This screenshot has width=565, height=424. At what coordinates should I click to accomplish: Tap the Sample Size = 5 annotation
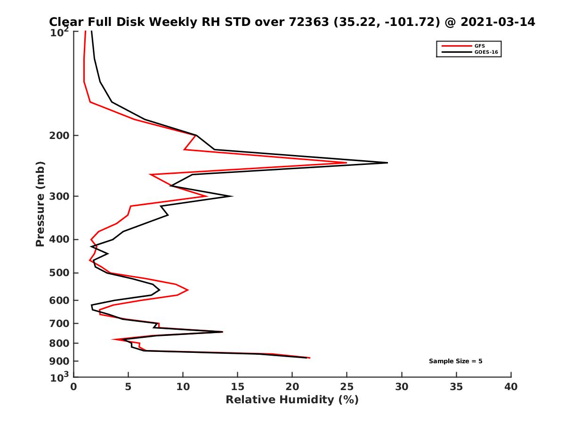[455, 361]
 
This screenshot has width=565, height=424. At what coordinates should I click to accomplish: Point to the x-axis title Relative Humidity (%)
[292, 400]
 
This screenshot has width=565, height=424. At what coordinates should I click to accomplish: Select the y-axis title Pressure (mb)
[40, 204]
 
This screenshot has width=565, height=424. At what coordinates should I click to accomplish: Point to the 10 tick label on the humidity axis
[183, 387]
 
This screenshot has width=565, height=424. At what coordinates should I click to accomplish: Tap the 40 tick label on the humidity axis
[511, 387]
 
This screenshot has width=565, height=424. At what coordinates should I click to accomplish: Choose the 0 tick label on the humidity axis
[74, 387]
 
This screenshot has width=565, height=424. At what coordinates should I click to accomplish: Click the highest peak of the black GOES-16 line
[387, 163]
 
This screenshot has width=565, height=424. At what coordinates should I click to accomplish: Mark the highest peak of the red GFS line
[347, 163]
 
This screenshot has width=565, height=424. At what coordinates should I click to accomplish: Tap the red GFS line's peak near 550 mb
[188, 290]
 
